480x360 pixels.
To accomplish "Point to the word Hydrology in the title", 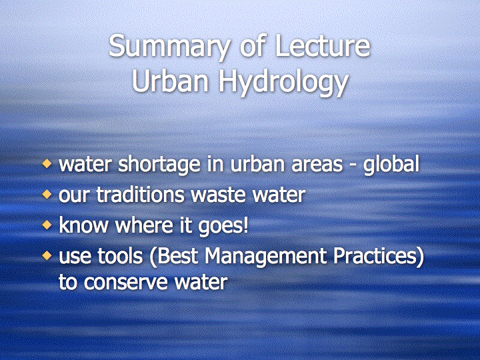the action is click(x=283, y=83).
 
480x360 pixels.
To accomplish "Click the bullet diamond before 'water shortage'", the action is click(x=47, y=163).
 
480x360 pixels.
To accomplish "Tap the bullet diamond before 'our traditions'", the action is click(x=47, y=194).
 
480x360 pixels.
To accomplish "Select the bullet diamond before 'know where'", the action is click(x=47, y=225).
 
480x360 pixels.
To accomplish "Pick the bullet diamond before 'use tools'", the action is click(x=47, y=255).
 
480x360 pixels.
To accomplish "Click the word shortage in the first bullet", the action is click(x=159, y=165).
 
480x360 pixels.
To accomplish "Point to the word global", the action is click(x=391, y=165).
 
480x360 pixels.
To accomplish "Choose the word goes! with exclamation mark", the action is click(x=223, y=227).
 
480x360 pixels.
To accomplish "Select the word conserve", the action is click(x=125, y=282).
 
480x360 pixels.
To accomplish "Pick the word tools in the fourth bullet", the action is click(x=120, y=256).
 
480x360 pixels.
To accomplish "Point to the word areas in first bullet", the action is click(x=317, y=165).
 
